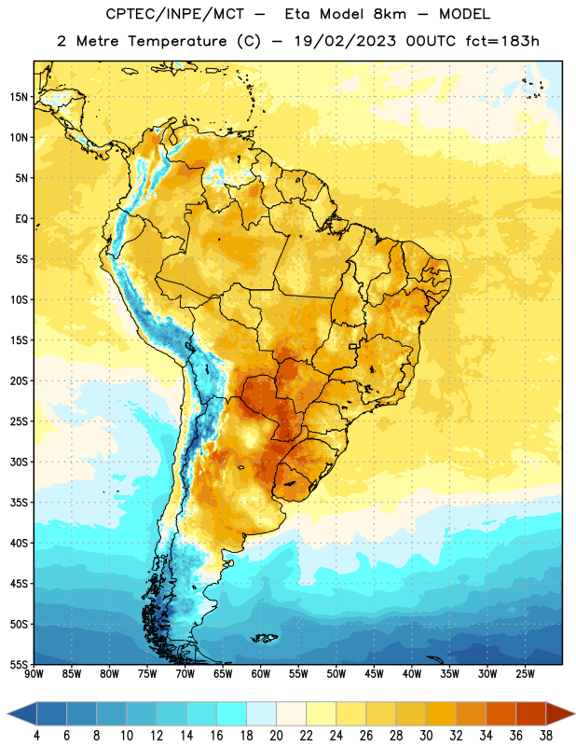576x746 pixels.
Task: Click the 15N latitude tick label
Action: [x=19, y=97]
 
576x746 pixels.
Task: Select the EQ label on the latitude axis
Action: [x=21, y=219]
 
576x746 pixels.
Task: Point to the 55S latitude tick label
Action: [x=19, y=664]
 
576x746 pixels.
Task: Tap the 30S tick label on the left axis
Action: [x=19, y=462]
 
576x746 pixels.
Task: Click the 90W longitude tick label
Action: [x=34, y=674]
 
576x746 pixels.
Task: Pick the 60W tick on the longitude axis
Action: [x=261, y=674]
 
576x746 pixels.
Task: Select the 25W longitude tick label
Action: [x=525, y=674]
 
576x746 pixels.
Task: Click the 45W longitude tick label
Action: [x=374, y=674]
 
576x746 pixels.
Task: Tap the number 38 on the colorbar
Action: [x=546, y=736]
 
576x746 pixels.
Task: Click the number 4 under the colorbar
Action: [x=36, y=736]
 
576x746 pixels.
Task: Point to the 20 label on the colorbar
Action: [x=276, y=736]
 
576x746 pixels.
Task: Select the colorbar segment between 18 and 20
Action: [x=261, y=714]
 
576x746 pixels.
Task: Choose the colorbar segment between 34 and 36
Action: [x=501, y=714]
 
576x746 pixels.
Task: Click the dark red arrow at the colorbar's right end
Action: [x=560, y=714]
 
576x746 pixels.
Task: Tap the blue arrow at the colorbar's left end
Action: [x=21, y=714]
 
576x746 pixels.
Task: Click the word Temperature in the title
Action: [x=177, y=41]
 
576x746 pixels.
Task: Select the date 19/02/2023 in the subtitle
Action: [x=345, y=41]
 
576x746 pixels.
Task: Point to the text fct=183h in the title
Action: [x=502, y=41]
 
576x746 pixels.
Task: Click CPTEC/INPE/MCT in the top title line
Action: [x=173, y=14]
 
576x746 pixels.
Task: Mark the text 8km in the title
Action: [x=390, y=14]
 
